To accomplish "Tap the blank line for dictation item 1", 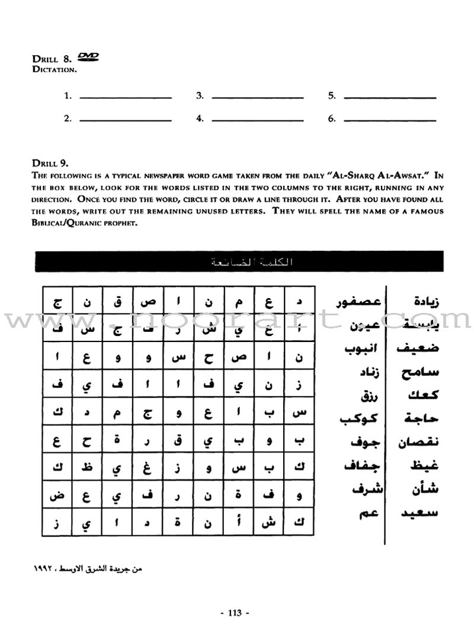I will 125,97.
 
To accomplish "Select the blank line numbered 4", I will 258,118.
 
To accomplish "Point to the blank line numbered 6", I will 390,118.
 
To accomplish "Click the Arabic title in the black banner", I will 239,262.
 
